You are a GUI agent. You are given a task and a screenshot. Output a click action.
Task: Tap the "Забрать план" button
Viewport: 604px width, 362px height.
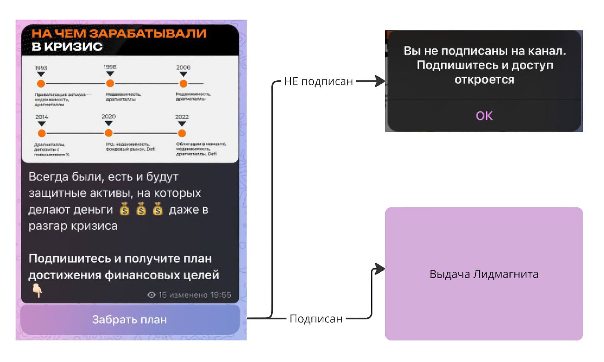(x=130, y=320)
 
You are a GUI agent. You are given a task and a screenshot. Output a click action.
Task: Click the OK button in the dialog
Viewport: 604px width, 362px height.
(x=484, y=116)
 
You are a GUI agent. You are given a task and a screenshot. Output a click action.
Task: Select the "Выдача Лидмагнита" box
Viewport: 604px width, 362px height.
(x=484, y=274)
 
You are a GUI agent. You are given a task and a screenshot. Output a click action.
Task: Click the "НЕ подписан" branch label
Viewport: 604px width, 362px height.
(x=318, y=82)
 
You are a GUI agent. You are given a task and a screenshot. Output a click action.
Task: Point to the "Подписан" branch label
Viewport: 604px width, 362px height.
(x=316, y=319)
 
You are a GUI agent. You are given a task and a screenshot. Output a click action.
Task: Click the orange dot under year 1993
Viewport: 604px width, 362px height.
(x=41, y=84)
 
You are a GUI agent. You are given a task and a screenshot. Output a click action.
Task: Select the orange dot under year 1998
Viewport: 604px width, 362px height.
(x=110, y=83)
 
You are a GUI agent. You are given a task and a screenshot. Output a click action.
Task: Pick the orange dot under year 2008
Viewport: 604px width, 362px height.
(x=183, y=84)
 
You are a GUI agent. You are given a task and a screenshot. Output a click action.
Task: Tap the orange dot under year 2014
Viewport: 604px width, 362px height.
(x=42, y=133)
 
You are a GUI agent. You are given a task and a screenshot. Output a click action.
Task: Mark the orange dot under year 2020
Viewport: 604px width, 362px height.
(x=108, y=133)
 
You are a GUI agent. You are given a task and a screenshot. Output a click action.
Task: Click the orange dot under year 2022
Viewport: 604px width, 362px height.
(x=182, y=133)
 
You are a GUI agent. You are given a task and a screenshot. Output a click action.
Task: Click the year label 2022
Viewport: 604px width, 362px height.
(x=182, y=117)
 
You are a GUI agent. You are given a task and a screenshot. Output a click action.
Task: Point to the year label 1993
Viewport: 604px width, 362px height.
(x=41, y=68)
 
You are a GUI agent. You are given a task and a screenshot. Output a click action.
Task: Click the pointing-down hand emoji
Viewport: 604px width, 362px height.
(x=37, y=290)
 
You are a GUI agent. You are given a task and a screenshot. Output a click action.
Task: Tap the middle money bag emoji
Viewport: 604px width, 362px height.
(x=141, y=209)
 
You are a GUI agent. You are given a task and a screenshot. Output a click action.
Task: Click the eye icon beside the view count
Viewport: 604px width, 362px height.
(x=151, y=295)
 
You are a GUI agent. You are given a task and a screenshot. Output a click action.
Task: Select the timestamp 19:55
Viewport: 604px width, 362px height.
(x=220, y=295)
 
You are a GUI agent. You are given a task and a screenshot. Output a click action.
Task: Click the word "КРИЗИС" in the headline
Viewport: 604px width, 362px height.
(x=73, y=46)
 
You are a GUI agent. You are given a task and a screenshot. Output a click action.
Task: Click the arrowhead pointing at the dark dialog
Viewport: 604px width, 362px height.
(x=380, y=82)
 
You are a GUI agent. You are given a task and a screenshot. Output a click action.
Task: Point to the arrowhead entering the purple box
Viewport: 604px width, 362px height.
(x=380, y=269)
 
